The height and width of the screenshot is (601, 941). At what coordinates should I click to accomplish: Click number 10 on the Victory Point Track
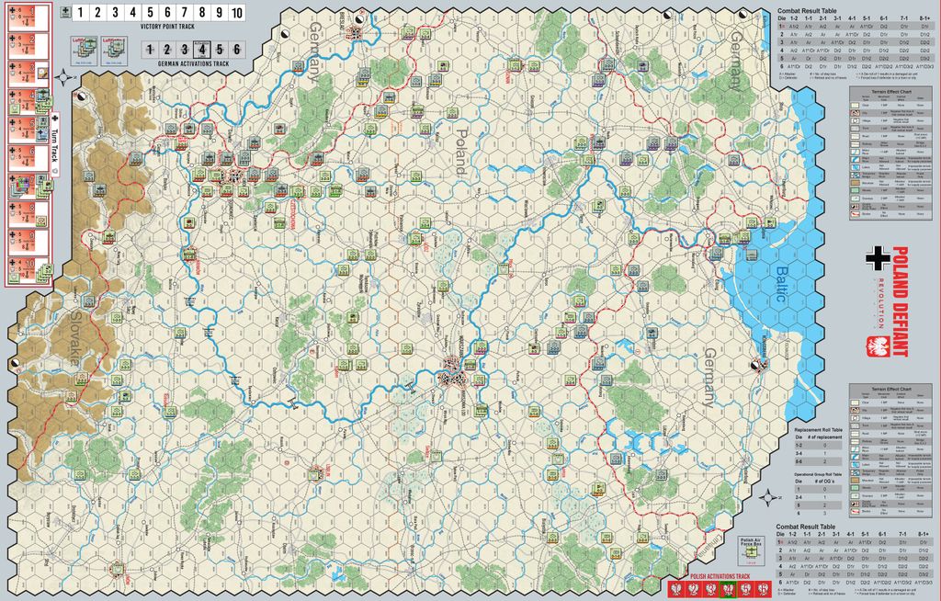[x=236, y=13]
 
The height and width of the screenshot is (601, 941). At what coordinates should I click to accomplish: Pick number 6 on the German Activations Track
[x=236, y=50]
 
